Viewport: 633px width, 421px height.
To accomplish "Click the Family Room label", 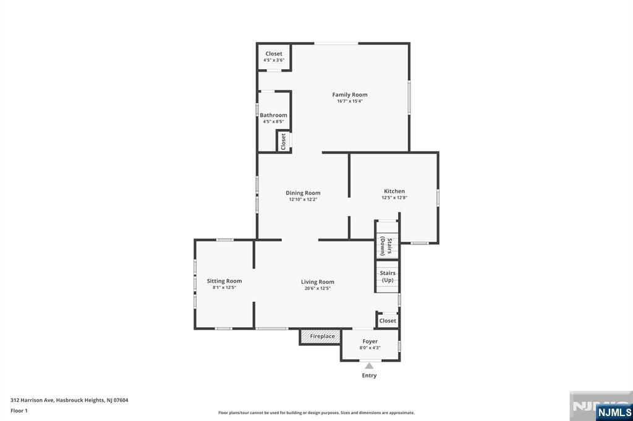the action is tap(350, 95).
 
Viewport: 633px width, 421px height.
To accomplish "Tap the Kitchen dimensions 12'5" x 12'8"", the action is tap(394, 198).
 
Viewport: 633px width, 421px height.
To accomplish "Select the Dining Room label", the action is tap(303, 193).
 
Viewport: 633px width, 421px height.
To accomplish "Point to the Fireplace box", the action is tap(320, 336).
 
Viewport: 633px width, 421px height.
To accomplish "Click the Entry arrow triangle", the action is tap(369, 366).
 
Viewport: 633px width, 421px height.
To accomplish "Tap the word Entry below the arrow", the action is tap(369, 375).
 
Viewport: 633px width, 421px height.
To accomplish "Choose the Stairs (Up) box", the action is tap(387, 276).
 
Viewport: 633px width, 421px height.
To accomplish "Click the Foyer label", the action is tap(370, 341).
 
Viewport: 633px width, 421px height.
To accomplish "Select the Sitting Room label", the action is tap(224, 281).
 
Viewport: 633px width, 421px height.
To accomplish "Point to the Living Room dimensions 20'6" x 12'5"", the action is tap(317, 288).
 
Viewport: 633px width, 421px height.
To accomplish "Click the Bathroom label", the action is tap(273, 115).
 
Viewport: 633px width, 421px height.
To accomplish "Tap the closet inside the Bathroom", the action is tap(283, 141).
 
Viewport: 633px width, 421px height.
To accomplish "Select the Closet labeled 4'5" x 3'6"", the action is tap(274, 57).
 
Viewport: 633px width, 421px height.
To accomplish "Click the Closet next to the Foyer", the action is tap(388, 320).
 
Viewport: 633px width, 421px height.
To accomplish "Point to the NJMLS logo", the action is tap(614, 412).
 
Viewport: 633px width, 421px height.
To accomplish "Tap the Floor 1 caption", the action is tap(19, 411).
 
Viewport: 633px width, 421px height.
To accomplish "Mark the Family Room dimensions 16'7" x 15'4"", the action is tap(350, 101).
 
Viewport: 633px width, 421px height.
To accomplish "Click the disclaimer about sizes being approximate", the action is tap(316, 413).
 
